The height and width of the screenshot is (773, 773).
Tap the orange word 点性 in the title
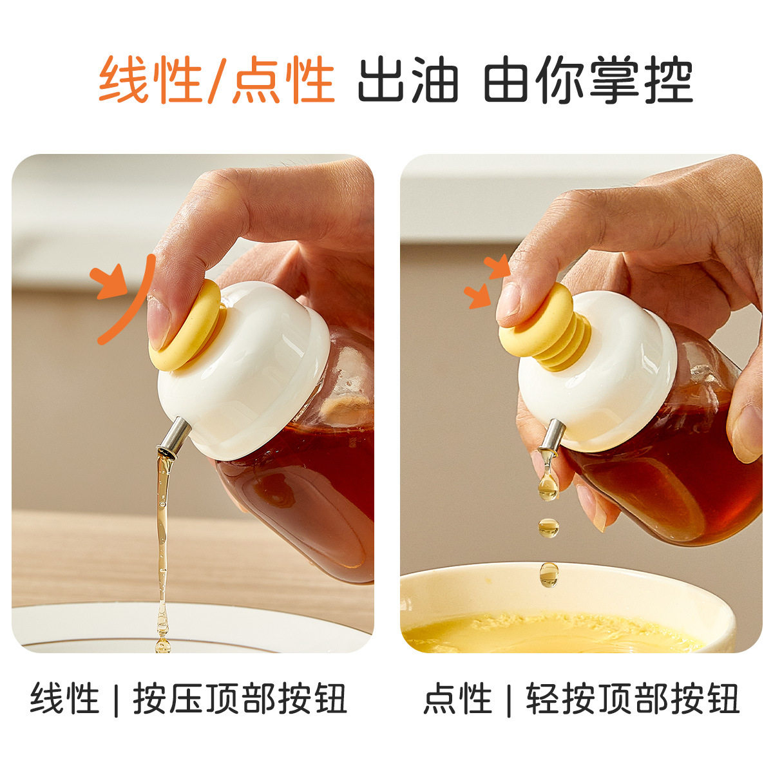283,80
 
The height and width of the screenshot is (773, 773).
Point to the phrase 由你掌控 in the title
587,80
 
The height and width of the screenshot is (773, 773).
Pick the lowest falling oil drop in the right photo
549,574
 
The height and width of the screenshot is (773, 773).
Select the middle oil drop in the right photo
548,528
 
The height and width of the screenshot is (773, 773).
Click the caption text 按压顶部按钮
240,699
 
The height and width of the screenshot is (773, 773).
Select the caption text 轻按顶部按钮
633,699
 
